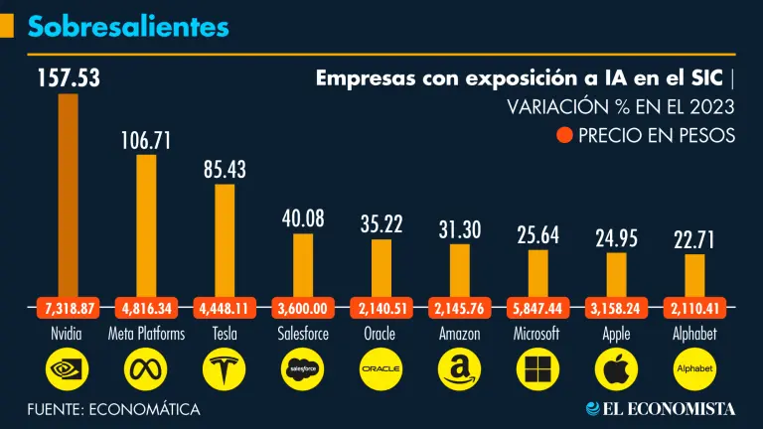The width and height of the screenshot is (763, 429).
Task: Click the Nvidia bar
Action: click(x=68, y=194)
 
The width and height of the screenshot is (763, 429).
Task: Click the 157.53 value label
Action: click(x=69, y=77)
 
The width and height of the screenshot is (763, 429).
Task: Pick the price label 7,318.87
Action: click(x=67, y=307)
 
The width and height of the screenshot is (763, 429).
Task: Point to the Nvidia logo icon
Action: click(x=67, y=370)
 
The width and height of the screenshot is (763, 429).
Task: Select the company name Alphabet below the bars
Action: click(x=694, y=335)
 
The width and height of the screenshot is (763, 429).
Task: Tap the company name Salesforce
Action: click(x=303, y=335)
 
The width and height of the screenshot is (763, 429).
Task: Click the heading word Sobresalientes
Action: click(x=128, y=26)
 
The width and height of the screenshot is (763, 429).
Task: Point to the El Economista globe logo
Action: click(x=593, y=408)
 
